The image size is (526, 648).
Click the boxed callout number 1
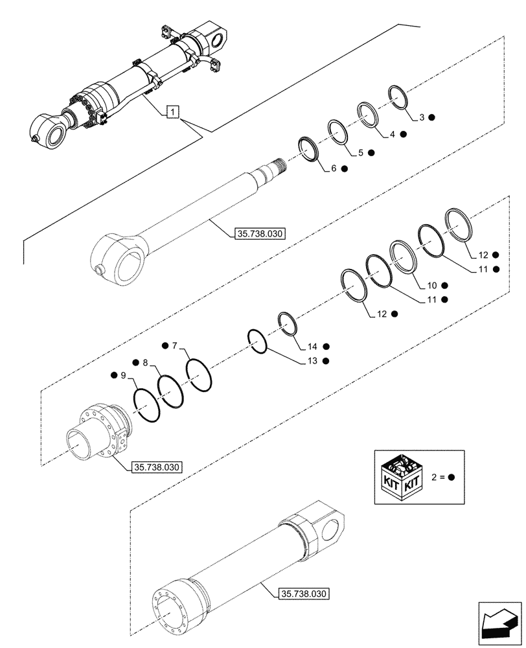point(171,113)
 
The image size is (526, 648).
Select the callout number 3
point(422,117)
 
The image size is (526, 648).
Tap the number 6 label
point(334,168)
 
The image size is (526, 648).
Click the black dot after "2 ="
point(452,478)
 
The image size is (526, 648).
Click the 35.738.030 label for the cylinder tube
point(303,593)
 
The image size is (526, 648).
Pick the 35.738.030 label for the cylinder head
point(157,467)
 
